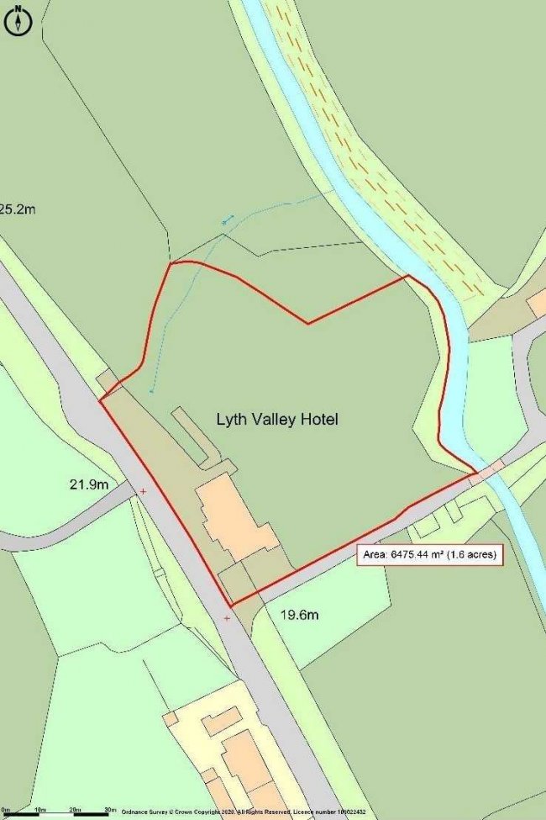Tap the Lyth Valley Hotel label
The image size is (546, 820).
[277, 419]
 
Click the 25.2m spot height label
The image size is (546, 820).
[18, 208]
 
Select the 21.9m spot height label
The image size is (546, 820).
[89, 484]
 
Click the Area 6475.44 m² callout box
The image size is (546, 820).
[430, 555]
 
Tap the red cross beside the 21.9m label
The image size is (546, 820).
[143, 490]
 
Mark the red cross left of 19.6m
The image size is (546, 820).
[227, 618]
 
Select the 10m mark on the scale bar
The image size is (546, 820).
[39, 811]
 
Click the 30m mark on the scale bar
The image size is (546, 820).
[110, 811]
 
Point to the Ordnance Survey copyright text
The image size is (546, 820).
[244, 812]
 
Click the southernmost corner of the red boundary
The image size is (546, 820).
[230, 604]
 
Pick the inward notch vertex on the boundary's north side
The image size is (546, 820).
[308, 323]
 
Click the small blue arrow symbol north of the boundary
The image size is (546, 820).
[227, 220]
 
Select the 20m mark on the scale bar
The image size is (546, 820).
[75, 811]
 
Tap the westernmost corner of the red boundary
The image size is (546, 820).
[101, 400]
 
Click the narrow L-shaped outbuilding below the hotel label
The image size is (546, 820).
[192, 436]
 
